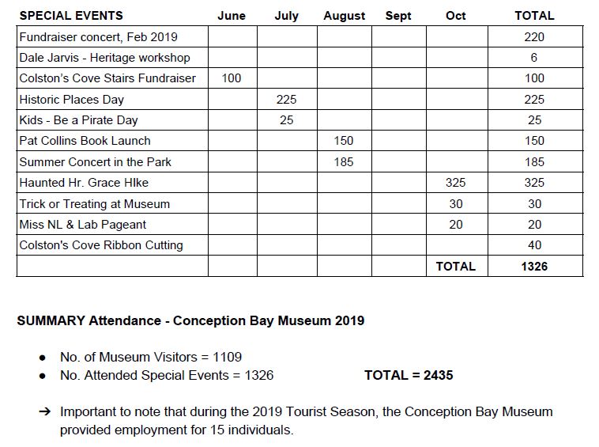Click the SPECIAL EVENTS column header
point(71,16)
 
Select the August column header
point(344,16)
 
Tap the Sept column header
point(398,16)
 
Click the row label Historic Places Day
point(72,100)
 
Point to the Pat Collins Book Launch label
point(85,141)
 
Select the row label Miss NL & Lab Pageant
point(83,225)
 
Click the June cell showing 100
point(232,78)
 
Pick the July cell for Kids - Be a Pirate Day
point(286,120)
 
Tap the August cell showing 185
point(344,162)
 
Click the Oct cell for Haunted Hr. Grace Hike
point(455,183)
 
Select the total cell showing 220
point(534,36)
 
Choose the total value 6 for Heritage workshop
point(534,58)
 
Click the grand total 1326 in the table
point(534,267)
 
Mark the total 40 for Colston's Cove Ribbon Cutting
point(534,245)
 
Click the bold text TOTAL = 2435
point(409,375)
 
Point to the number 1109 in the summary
point(227,358)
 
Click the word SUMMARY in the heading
point(51,321)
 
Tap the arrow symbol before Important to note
point(44,412)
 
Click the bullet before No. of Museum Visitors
point(43,358)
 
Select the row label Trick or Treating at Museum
point(95,204)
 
